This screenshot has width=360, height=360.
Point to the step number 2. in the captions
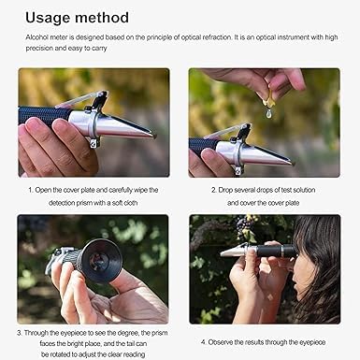(x=214, y=190)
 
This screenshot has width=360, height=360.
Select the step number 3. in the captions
(x=21, y=330)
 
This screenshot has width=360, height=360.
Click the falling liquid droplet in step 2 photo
(x=268, y=111)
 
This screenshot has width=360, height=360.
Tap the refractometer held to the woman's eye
(x=263, y=251)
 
